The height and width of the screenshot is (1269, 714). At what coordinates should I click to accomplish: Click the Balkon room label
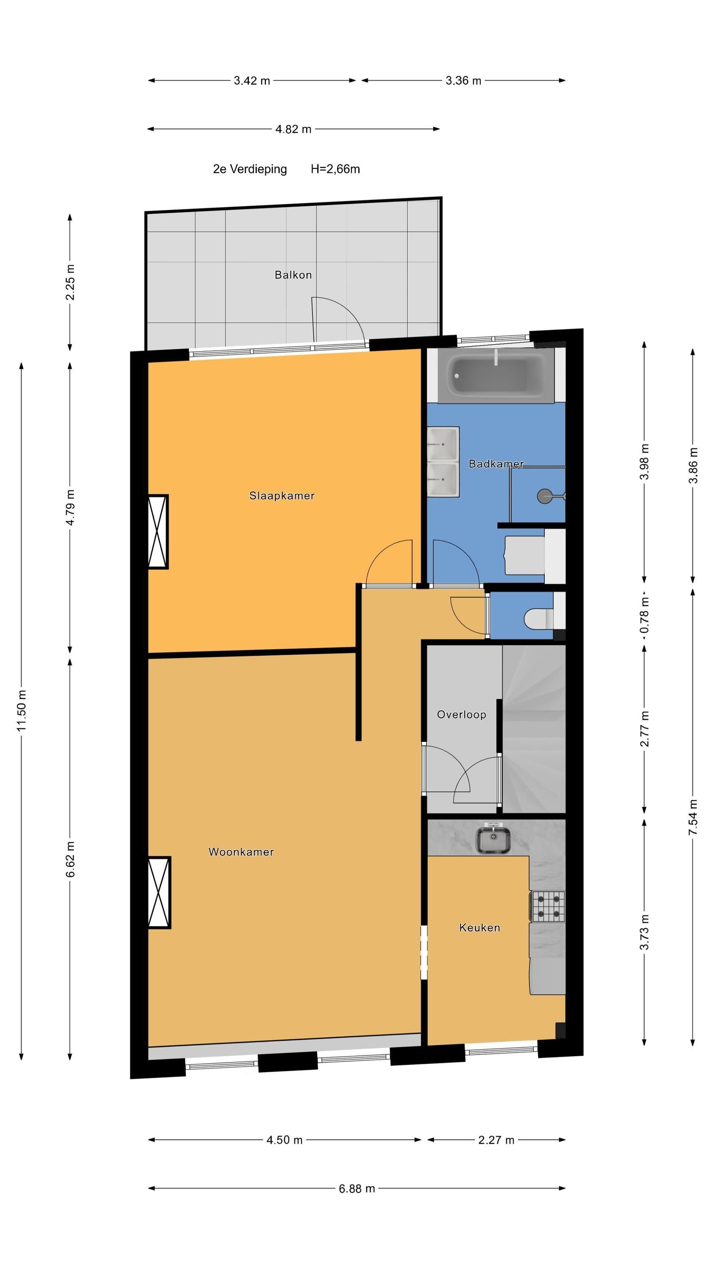[293, 275]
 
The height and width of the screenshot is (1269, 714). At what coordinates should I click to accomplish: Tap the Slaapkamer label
[282, 496]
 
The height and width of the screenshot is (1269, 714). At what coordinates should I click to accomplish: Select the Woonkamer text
[241, 852]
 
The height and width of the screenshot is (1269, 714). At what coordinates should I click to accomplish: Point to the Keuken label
[479, 928]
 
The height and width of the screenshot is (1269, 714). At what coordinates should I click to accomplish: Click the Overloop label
[462, 715]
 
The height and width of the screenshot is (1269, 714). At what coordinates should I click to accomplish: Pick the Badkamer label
[496, 464]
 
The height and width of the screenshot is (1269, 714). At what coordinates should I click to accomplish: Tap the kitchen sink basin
[493, 840]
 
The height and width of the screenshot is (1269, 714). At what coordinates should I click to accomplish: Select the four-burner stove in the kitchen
[548, 906]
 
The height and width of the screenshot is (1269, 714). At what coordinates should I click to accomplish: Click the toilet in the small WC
[538, 619]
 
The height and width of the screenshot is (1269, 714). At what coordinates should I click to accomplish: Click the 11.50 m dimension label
[21, 711]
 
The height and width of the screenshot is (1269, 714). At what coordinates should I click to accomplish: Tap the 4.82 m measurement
[293, 129]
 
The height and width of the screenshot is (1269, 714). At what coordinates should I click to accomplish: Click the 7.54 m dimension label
[693, 817]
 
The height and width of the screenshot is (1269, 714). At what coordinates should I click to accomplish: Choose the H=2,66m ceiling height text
[335, 169]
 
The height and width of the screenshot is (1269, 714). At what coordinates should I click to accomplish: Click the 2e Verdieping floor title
[250, 169]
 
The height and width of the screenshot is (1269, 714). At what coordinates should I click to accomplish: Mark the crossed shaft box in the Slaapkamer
[158, 532]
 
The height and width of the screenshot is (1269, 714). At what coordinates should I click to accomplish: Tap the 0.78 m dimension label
[645, 615]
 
